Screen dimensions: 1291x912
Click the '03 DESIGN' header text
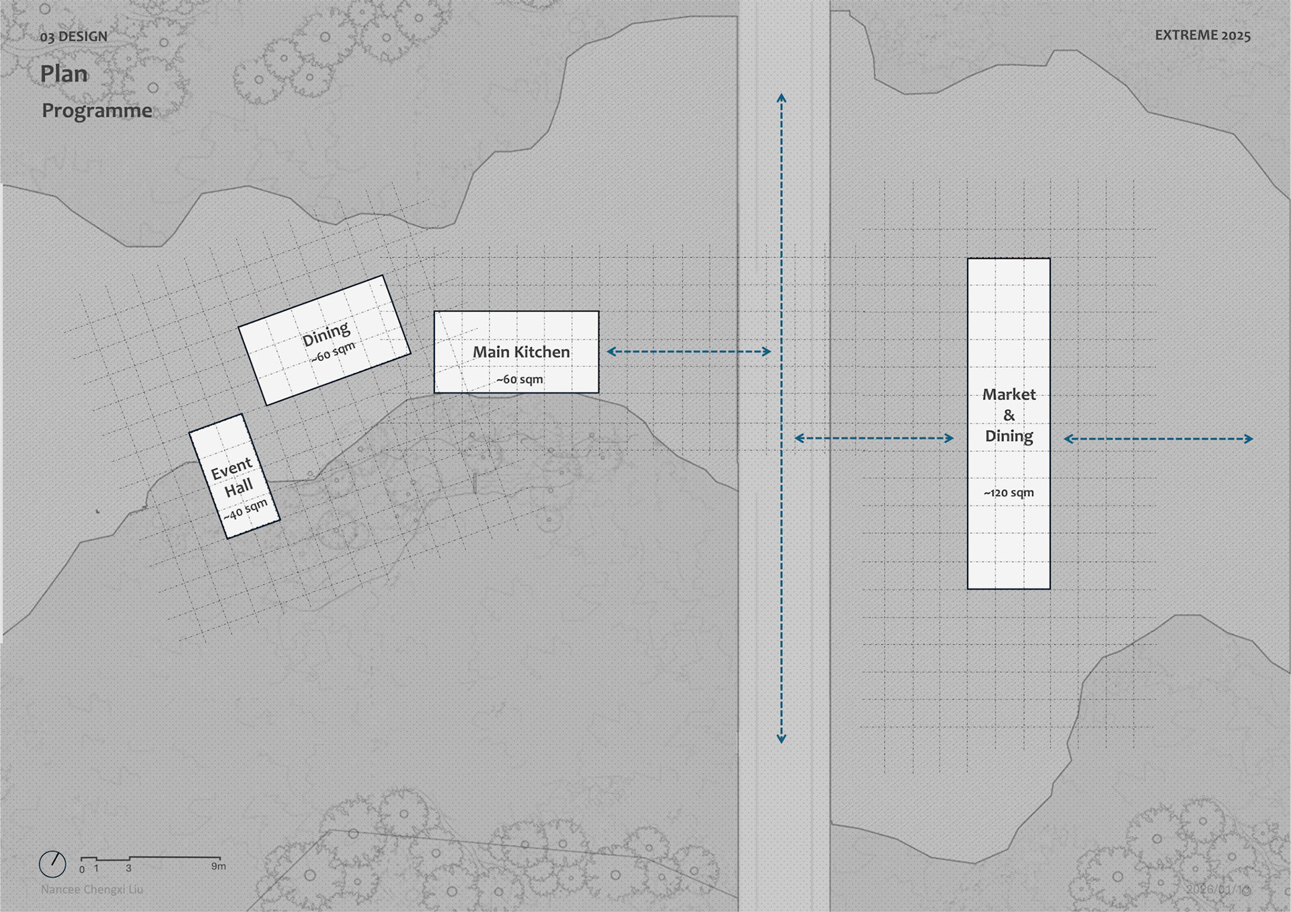click(x=73, y=36)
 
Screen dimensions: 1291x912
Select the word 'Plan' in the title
click(x=64, y=74)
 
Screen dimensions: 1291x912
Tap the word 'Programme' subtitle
click(x=97, y=110)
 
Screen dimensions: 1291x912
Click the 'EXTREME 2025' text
click(x=1202, y=36)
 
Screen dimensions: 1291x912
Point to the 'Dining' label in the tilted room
click(x=326, y=333)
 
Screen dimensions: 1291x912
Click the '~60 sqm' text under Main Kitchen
click(x=519, y=380)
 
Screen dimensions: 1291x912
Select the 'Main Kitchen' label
click(x=521, y=352)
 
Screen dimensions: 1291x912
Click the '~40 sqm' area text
click(x=245, y=510)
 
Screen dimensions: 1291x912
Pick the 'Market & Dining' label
click(x=1009, y=415)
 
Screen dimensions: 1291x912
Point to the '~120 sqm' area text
click(x=1009, y=493)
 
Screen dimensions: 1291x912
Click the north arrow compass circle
click(x=52, y=864)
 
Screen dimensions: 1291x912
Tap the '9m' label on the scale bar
click(x=219, y=866)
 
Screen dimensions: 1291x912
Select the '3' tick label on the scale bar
click(x=128, y=868)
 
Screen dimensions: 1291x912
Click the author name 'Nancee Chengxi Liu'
click(x=92, y=889)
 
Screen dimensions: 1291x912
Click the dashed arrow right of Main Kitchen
click(x=689, y=351)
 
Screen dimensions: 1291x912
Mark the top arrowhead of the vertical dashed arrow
click(x=781, y=98)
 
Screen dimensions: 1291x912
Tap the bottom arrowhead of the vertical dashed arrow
click(x=781, y=739)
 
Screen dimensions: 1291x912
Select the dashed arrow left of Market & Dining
click(x=874, y=438)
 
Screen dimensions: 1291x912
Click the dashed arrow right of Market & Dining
click(x=1158, y=439)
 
